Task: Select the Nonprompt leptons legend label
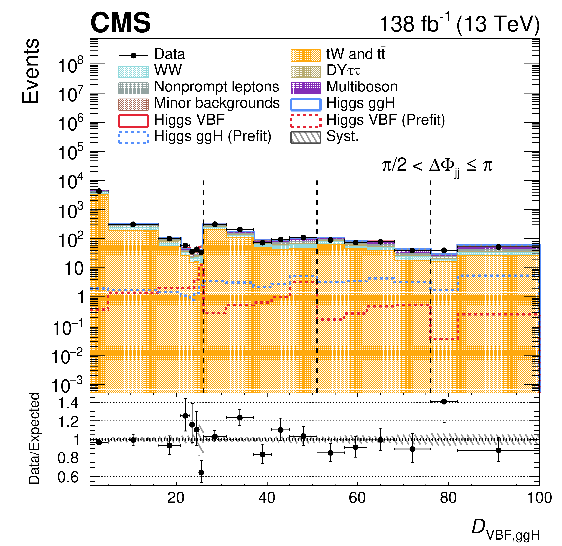point(217,87)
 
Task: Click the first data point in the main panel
point(99,191)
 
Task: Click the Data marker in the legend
point(133,55)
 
